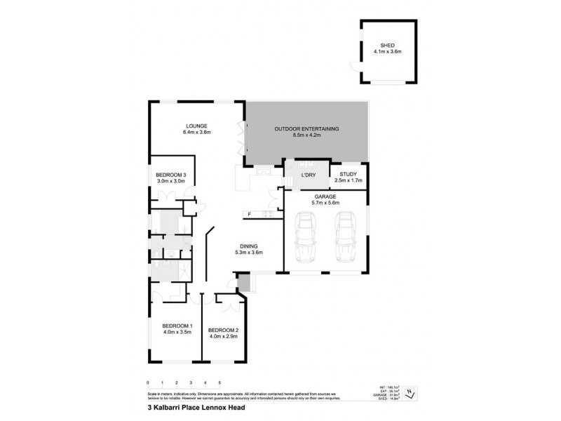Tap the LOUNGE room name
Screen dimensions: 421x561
pyautogui.click(x=197, y=126)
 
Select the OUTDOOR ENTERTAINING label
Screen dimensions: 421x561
pyautogui.click(x=307, y=129)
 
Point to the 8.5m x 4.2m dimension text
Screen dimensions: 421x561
pyautogui.click(x=307, y=135)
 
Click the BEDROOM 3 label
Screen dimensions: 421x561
pyautogui.click(x=170, y=175)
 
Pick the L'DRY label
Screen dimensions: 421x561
pyautogui.click(x=307, y=175)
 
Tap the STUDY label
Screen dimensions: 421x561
pyautogui.click(x=348, y=175)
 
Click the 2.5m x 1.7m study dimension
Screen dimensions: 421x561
pyautogui.click(x=348, y=181)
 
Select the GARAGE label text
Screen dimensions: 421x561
pyautogui.click(x=325, y=196)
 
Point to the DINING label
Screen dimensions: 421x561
pyautogui.click(x=248, y=246)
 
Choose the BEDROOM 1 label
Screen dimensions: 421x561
pyautogui.click(x=177, y=326)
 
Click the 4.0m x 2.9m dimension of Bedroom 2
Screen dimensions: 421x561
pyautogui.click(x=224, y=337)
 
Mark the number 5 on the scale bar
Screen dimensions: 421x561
pyautogui.click(x=220, y=383)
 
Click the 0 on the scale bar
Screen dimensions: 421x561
pyautogui.click(x=148, y=383)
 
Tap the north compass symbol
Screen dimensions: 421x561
pyautogui.click(x=412, y=394)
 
